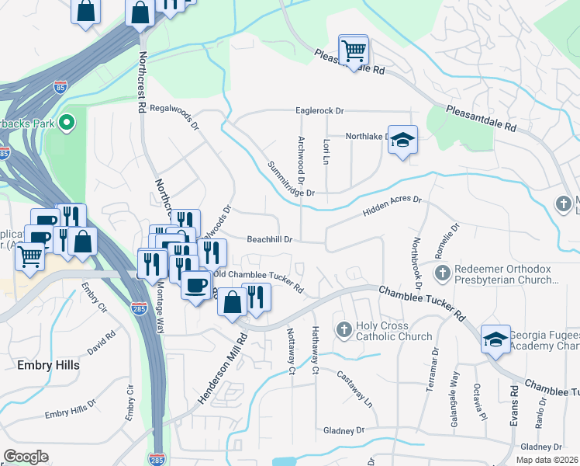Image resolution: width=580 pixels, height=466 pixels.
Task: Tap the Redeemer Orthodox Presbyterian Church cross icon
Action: [441, 273]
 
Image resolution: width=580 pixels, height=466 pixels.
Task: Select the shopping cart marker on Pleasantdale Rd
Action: [354, 50]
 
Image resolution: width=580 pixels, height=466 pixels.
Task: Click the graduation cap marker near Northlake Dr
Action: [402, 141]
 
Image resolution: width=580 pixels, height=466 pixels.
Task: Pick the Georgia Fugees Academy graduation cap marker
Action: [495, 339]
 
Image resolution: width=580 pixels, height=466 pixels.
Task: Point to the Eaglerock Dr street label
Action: [319, 111]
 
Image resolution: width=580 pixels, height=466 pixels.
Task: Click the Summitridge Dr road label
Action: [291, 179]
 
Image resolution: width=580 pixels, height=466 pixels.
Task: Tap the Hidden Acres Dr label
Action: [392, 206]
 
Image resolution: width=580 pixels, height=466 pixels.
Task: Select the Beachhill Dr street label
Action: [269, 240]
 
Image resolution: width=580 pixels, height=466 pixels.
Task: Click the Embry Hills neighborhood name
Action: [48, 363]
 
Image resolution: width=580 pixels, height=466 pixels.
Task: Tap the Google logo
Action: [26, 456]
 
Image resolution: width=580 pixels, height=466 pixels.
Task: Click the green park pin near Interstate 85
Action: [67, 122]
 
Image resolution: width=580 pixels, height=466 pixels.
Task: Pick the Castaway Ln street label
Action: [354, 388]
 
